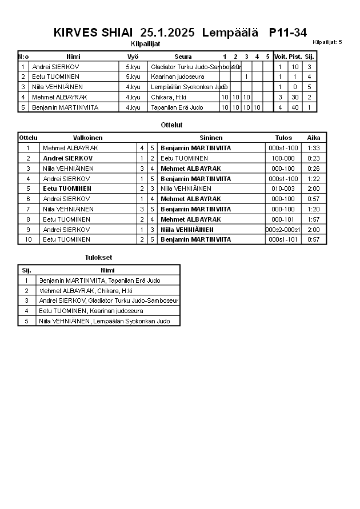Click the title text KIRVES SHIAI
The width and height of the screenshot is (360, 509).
point(93,33)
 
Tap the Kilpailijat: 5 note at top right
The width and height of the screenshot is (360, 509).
point(327,42)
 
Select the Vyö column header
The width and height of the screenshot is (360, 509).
point(133,57)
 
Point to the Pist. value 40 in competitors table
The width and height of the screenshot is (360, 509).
point(295,107)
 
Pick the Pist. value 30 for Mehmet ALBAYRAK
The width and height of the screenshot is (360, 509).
point(295,97)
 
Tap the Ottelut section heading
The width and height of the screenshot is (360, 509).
point(172,125)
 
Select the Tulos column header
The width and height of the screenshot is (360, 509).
point(283,138)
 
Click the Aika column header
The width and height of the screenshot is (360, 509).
point(314,138)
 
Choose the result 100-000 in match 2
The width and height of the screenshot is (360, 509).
point(283,158)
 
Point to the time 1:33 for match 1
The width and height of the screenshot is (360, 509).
point(314,148)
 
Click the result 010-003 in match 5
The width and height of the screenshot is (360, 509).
point(283,189)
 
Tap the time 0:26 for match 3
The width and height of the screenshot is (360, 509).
point(314,169)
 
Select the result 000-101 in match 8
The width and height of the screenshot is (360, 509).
point(283,219)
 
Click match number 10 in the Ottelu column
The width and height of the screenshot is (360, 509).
point(27,239)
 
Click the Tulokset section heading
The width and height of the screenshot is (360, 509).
point(98,258)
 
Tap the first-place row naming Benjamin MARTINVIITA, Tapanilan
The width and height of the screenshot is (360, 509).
point(99,280)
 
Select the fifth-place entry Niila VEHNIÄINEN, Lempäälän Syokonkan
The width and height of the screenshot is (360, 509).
point(104,321)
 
